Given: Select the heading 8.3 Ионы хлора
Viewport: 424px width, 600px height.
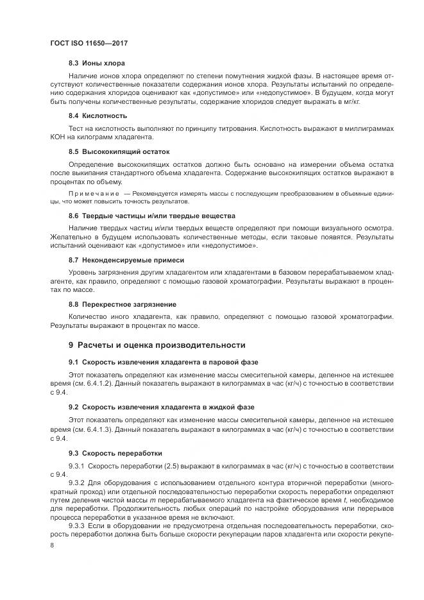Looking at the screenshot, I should click(x=97, y=63).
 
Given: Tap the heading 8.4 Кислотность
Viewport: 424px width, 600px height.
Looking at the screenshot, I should click(x=98, y=116).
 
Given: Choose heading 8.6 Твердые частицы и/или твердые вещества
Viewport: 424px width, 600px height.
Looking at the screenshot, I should click(x=152, y=216).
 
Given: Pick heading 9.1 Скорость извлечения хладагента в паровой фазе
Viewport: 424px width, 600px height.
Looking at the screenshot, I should click(x=161, y=363).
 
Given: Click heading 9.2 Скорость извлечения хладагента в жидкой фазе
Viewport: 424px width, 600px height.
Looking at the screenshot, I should click(x=162, y=407).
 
